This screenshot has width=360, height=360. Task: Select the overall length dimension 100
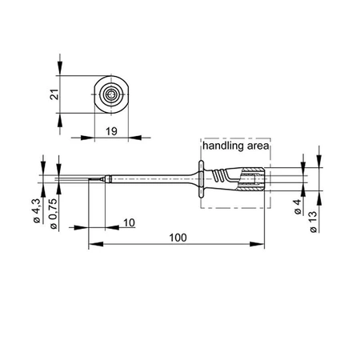pyautogui.click(x=177, y=238)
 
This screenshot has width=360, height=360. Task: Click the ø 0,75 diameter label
pyautogui.click(x=54, y=214)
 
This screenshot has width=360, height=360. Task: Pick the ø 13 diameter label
pyautogui.click(x=313, y=218)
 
